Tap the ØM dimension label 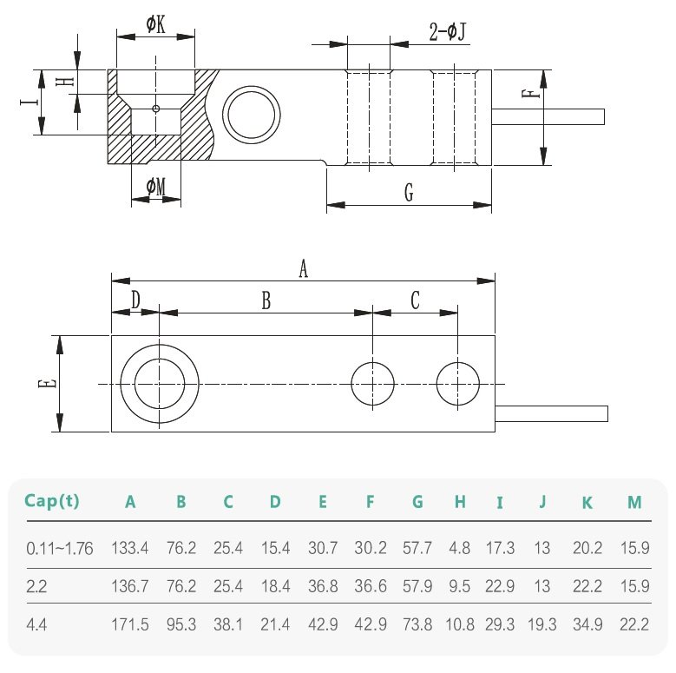pos(156,187)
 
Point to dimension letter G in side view pos(408,193)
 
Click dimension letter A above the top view pos(303,269)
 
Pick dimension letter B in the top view pos(266,300)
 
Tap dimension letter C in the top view pos(415,300)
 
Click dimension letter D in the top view pos(135,300)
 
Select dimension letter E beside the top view pos(49,383)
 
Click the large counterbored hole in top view pos(160,384)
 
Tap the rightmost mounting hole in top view pos(458,383)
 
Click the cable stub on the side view pos(548,115)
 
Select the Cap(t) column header pos(51,501)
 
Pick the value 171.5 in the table pos(130,624)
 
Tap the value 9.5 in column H pos(460,586)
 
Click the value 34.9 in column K pos(587,624)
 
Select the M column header pos(634,502)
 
